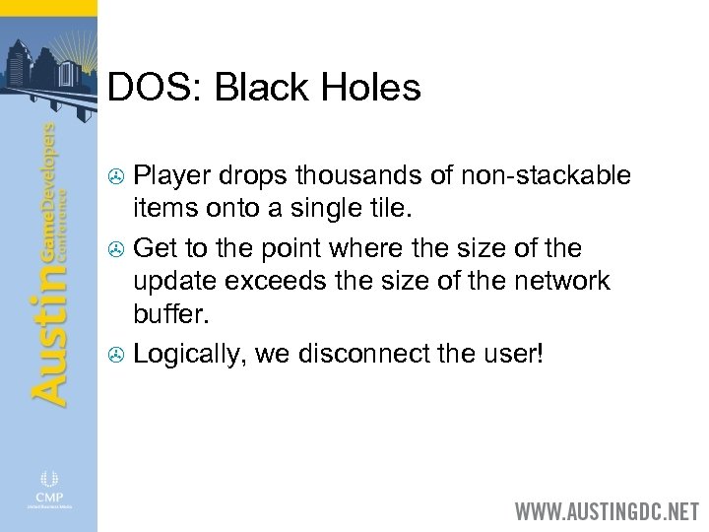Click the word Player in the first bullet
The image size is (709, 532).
168,175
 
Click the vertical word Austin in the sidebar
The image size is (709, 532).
49,325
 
